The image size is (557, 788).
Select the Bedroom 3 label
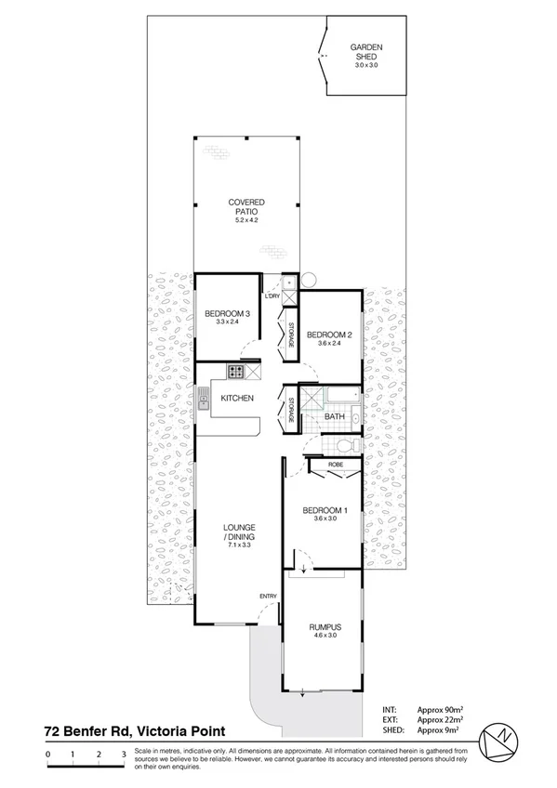(x=227, y=314)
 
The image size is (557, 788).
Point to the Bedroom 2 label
(x=329, y=335)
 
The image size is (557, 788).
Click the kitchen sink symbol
(x=202, y=401)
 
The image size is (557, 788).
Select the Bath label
(x=335, y=417)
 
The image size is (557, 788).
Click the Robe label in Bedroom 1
(x=336, y=463)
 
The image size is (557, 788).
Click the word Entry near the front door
(x=269, y=596)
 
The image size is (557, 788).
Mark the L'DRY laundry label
(x=272, y=296)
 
